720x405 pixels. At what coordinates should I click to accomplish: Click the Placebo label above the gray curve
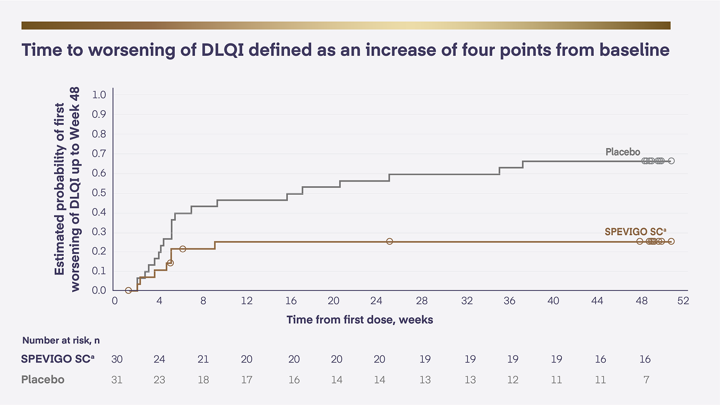(x=623, y=152)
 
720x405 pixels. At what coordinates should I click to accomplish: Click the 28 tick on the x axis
(x=422, y=301)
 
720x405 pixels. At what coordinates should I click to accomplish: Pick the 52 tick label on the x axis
(x=683, y=301)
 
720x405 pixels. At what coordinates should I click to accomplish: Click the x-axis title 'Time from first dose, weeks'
(x=359, y=320)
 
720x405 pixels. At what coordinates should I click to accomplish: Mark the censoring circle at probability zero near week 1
(x=128, y=290)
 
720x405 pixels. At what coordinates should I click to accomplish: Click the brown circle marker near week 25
(x=389, y=241)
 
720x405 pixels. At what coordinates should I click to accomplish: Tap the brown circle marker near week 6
(x=183, y=249)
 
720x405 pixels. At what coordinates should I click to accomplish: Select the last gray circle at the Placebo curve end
(x=671, y=161)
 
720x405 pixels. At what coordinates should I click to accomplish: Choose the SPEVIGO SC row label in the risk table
(x=58, y=359)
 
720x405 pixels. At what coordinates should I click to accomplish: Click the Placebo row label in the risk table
(x=42, y=380)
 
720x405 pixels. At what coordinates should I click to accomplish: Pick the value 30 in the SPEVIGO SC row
(x=117, y=359)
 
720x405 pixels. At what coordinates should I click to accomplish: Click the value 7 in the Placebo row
(x=645, y=380)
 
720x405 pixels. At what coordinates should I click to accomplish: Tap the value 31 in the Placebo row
(x=117, y=380)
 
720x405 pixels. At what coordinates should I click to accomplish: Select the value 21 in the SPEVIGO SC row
(x=203, y=359)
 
